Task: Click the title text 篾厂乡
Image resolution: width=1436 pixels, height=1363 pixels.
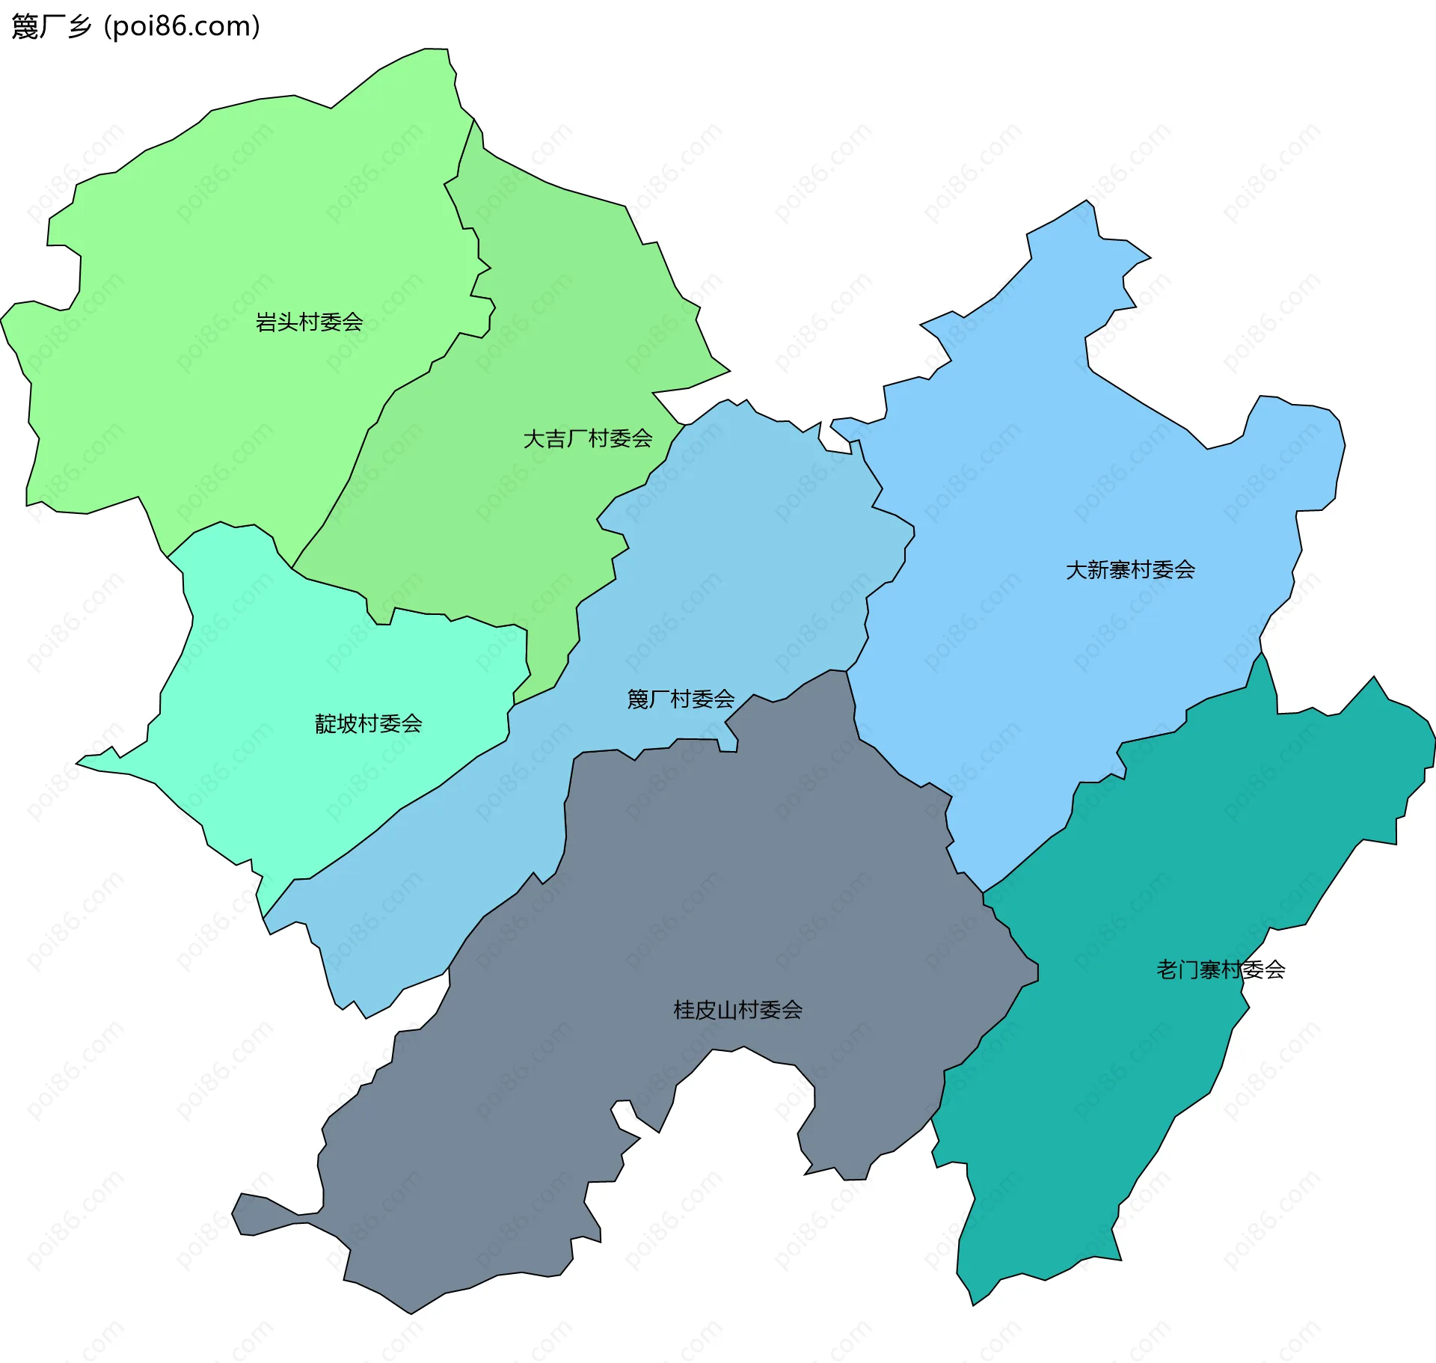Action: click(51, 27)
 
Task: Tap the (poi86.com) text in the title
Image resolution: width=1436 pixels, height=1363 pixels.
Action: click(182, 27)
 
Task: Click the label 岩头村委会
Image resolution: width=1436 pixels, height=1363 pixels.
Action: click(309, 322)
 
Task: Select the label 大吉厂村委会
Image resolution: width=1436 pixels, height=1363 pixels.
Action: click(588, 438)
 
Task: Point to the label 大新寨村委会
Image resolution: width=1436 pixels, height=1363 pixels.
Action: click(1130, 570)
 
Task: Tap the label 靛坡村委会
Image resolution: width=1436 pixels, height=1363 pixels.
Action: click(368, 723)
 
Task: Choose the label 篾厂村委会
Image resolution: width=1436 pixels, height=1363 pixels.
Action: click(681, 699)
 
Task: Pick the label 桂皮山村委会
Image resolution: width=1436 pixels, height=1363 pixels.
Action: click(737, 1010)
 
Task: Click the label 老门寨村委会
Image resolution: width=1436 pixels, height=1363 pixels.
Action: click(1221, 970)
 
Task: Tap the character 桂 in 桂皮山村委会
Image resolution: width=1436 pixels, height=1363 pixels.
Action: click(684, 1010)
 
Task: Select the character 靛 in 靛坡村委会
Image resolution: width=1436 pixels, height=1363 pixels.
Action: click(325, 723)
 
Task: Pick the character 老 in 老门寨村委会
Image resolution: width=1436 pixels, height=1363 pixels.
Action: click(1167, 970)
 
